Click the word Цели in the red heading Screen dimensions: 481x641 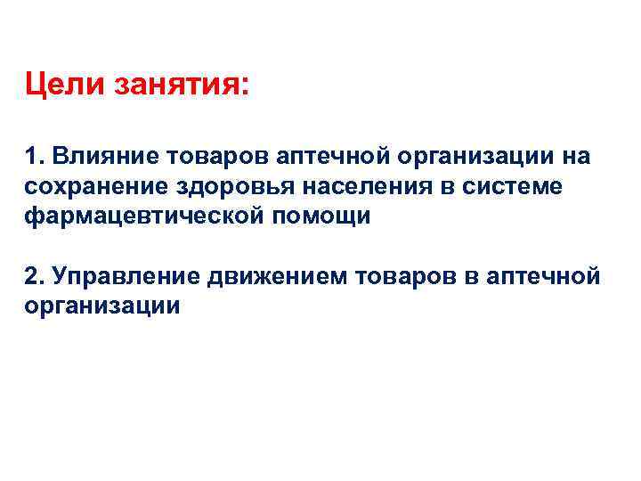pyautogui.click(x=65, y=87)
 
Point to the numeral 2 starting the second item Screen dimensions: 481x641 pyautogui.click(x=34, y=276)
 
